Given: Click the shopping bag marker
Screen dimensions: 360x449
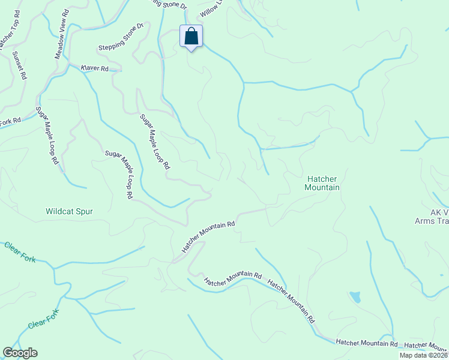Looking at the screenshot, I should [x=191, y=37].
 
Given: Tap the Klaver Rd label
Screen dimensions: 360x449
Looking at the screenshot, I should [x=94, y=69].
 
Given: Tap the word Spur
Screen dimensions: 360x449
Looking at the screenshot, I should [x=85, y=211].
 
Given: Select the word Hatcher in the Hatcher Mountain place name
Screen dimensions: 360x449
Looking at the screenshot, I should [x=324, y=179].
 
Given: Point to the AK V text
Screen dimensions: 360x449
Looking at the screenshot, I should [x=439, y=212].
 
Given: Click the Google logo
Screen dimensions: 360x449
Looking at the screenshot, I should [x=20, y=353].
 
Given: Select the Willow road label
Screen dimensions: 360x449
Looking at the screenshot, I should [x=211, y=8].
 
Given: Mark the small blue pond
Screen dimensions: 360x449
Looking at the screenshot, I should [x=355, y=297].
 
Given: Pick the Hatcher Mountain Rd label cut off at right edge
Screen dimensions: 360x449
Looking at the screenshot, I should [x=426, y=346].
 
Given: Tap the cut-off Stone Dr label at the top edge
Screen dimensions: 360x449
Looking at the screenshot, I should [x=169, y=3].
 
